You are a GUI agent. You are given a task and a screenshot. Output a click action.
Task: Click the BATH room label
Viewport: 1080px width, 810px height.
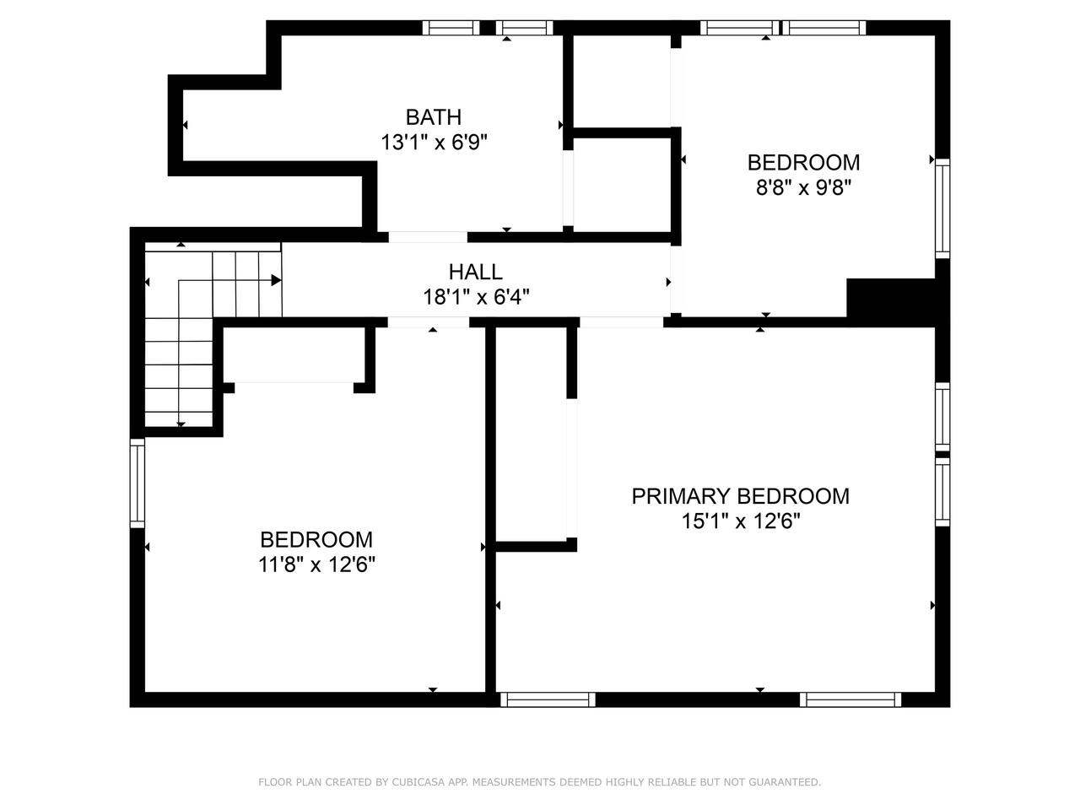pos(433,117)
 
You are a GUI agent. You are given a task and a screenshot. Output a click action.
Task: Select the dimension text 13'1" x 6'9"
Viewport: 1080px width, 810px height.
pos(434,143)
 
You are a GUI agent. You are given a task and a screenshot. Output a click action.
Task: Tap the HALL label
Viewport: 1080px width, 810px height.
pos(475,272)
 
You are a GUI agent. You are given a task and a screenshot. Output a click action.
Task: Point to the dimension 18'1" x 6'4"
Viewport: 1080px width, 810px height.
pos(476,297)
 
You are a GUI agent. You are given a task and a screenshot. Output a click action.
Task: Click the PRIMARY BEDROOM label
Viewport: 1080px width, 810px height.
pos(740,496)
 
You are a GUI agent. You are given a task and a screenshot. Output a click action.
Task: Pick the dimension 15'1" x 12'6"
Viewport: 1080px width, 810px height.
pos(741,521)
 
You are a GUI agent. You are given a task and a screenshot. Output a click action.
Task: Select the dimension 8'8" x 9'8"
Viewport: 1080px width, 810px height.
pos(803,188)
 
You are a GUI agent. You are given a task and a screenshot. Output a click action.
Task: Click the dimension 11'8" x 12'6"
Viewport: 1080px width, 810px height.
pos(316,564)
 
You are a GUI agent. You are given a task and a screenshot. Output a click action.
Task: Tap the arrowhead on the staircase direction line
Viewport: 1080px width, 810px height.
pos(277,280)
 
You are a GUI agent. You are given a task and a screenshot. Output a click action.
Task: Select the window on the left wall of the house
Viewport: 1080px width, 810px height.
pos(138,483)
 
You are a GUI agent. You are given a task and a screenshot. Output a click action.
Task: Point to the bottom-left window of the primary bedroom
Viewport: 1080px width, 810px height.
pos(548,699)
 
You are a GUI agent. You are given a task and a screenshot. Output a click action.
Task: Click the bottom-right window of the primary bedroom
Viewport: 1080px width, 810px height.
pos(850,699)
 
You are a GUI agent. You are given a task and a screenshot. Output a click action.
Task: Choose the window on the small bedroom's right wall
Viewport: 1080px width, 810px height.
pos(942,208)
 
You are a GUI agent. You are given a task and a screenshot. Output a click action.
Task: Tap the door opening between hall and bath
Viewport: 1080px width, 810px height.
pos(428,237)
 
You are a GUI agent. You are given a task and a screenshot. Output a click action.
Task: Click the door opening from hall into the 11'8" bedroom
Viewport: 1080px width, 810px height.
pos(428,322)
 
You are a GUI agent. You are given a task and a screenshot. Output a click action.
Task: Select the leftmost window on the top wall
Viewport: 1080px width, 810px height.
pos(451,28)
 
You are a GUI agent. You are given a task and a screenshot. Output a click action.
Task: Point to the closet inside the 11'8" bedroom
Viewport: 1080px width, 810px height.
pos(294,354)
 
